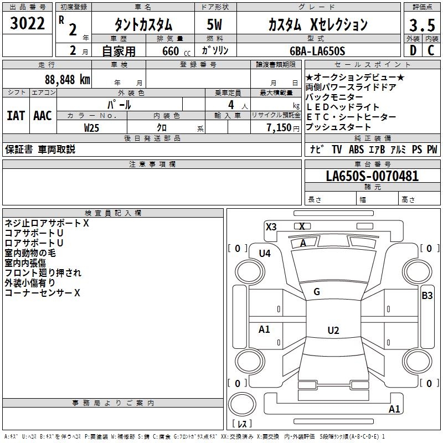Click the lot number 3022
point(28,24)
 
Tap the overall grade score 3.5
point(421,26)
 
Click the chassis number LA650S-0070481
point(372,177)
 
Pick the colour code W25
point(92,127)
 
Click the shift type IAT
point(16,116)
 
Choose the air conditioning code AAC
point(43,116)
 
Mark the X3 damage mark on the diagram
point(271,226)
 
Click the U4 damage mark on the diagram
point(265,253)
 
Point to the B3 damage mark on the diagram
point(427,296)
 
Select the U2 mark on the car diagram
point(333,330)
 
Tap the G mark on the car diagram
point(317,292)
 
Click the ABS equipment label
point(356,150)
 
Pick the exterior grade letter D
point(413,51)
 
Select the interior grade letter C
point(431,51)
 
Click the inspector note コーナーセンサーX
point(43,292)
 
